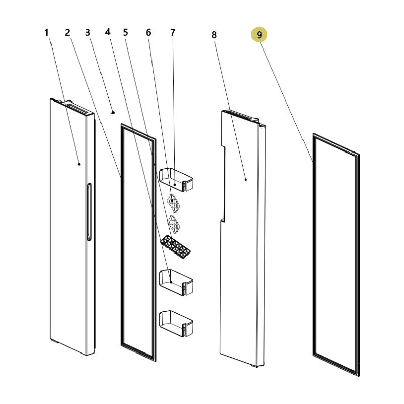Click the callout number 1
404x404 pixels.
point(46,33)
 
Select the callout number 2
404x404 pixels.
point(67,33)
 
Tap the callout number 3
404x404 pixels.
point(88,32)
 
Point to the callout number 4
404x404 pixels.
point(108,32)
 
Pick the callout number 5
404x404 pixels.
point(125,32)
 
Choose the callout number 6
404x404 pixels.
point(148,32)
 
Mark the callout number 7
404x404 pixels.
point(173,32)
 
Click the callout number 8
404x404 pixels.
point(214,35)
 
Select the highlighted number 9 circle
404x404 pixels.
point(259,34)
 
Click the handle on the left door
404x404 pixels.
point(89,212)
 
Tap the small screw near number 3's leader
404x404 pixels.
point(112,112)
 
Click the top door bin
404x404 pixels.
point(176,180)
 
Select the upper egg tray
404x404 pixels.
point(173,203)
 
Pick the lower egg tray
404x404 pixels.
point(173,224)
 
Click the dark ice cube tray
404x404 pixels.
point(175,247)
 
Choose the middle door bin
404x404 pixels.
point(176,283)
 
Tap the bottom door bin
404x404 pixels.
point(176,323)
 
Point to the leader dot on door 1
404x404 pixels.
point(79,164)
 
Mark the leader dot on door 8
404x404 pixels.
point(246,180)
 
